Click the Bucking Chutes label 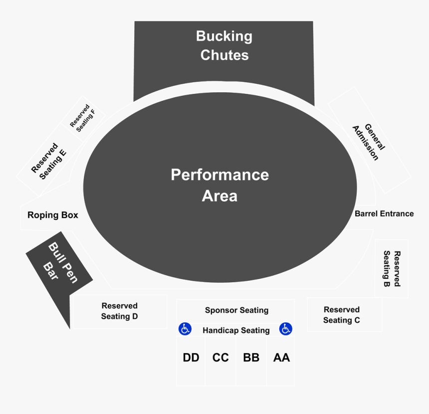(224, 45)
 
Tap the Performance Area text (219, 185)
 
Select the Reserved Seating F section (82, 116)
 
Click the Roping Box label (53, 215)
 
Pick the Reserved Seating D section (120, 311)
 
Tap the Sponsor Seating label (236, 310)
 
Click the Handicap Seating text (236, 330)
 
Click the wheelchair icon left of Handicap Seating (185, 329)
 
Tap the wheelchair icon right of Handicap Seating (286, 329)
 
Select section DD (191, 358)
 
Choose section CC (220, 358)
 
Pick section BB (251, 358)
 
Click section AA (281, 358)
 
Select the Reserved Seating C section (342, 315)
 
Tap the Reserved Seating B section (392, 268)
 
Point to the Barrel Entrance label (384, 213)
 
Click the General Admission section (369, 142)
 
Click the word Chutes (224, 55)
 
